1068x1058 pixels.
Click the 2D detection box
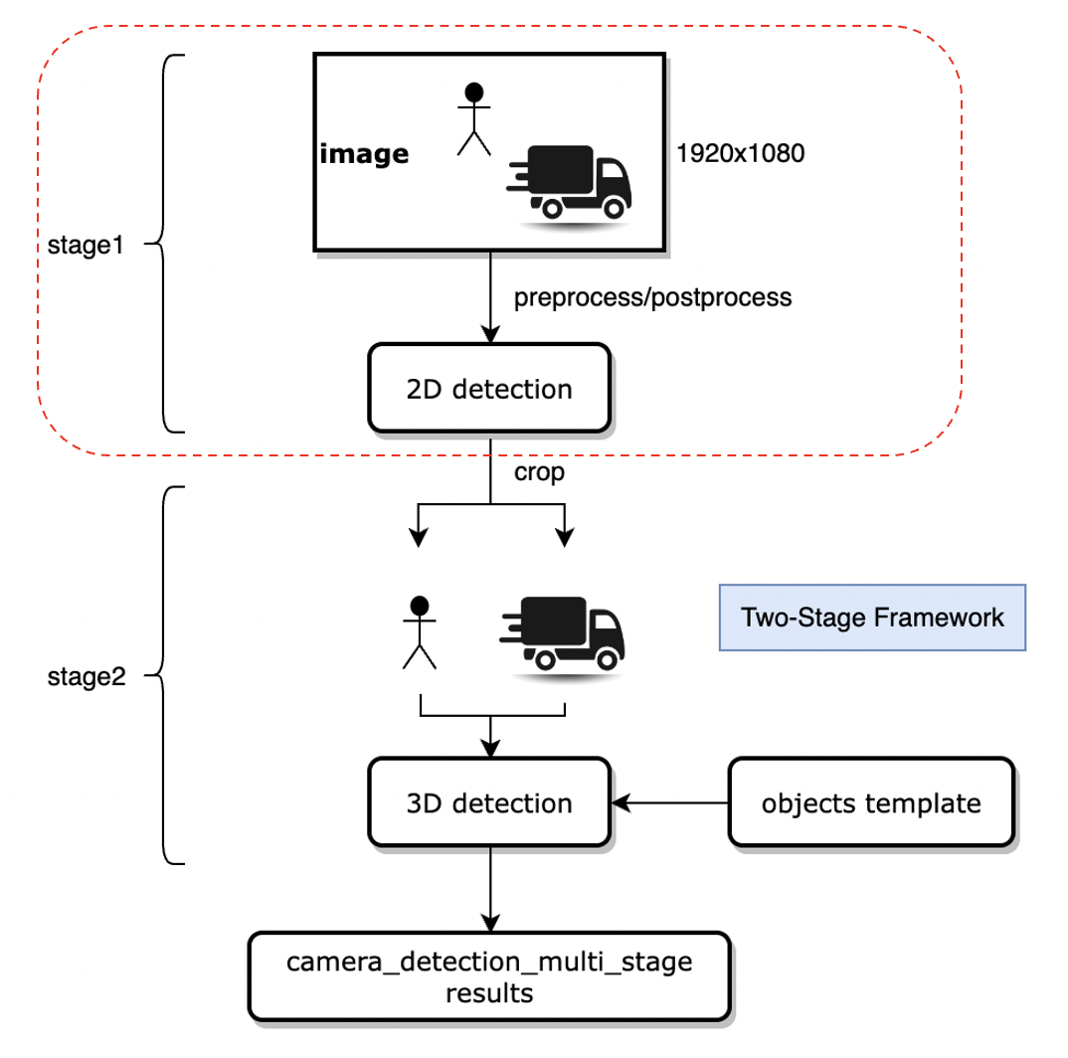pos(489,388)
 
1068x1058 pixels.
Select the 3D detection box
pos(489,802)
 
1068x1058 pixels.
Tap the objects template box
pos(871,802)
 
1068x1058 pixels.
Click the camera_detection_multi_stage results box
pos(489,975)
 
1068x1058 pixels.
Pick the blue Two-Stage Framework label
pos(872,617)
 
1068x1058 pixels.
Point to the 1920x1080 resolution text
pos(740,154)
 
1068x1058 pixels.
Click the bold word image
pos(364,154)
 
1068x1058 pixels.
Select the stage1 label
pos(85,244)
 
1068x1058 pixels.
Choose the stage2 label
pos(85,677)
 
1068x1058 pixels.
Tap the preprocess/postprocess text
pos(652,297)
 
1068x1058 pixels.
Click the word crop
pos(539,472)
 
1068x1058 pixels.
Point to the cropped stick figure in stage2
pos(420,631)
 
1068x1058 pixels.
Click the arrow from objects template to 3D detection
pos(671,802)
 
